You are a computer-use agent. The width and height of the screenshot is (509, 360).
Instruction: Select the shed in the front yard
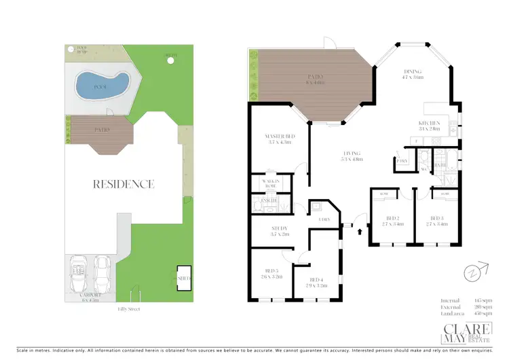[183, 278]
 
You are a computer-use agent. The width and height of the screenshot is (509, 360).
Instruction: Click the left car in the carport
[79, 271]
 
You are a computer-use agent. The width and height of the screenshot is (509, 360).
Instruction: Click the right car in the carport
[102, 271]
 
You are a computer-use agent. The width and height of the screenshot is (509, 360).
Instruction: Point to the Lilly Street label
[126, 308]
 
